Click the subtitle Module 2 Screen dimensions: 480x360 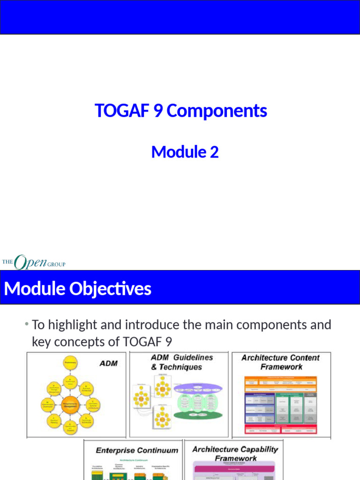[185, 152]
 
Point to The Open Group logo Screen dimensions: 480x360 [34, 262]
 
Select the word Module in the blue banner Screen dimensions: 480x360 [35, 289]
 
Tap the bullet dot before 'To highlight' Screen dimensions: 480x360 [27, 324]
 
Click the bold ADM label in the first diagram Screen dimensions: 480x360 [109, 363]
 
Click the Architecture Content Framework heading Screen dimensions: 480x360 [280, 362]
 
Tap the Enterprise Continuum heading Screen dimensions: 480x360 [137, 450]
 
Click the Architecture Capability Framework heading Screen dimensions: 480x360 [235, 453]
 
